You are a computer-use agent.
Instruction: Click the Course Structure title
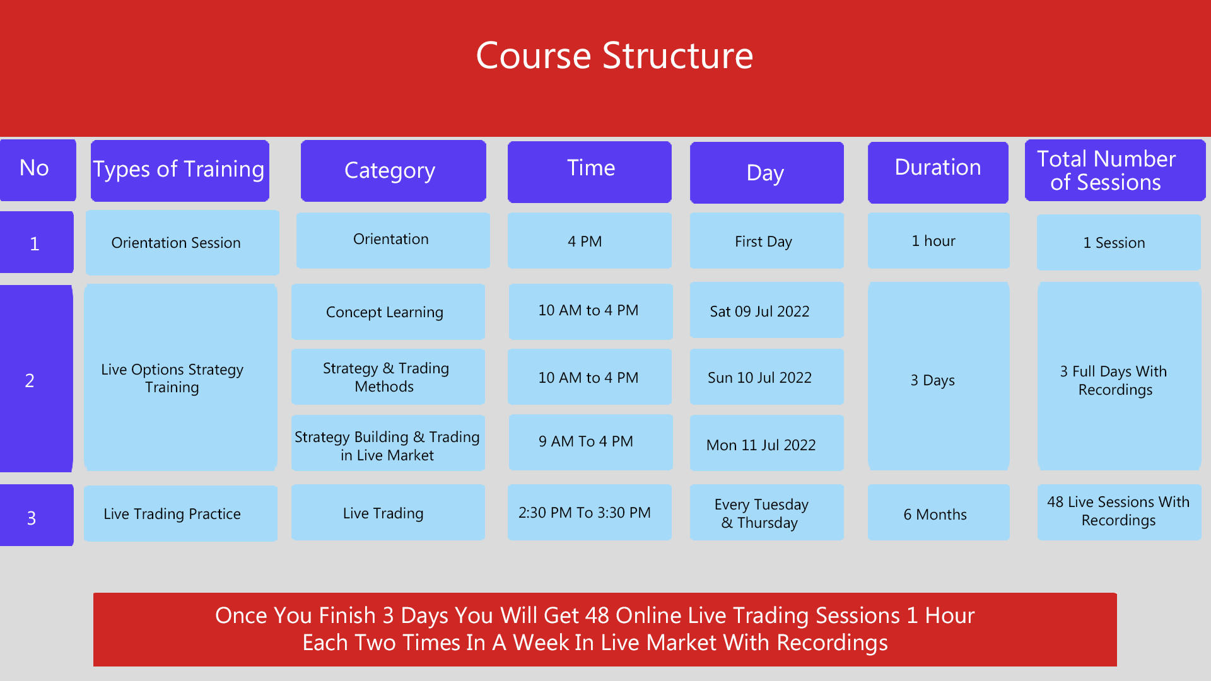(614, 55)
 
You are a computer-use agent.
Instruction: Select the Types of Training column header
(180, 170)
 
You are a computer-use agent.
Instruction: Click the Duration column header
(937, 168)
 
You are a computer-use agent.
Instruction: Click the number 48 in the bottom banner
(597, 615)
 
